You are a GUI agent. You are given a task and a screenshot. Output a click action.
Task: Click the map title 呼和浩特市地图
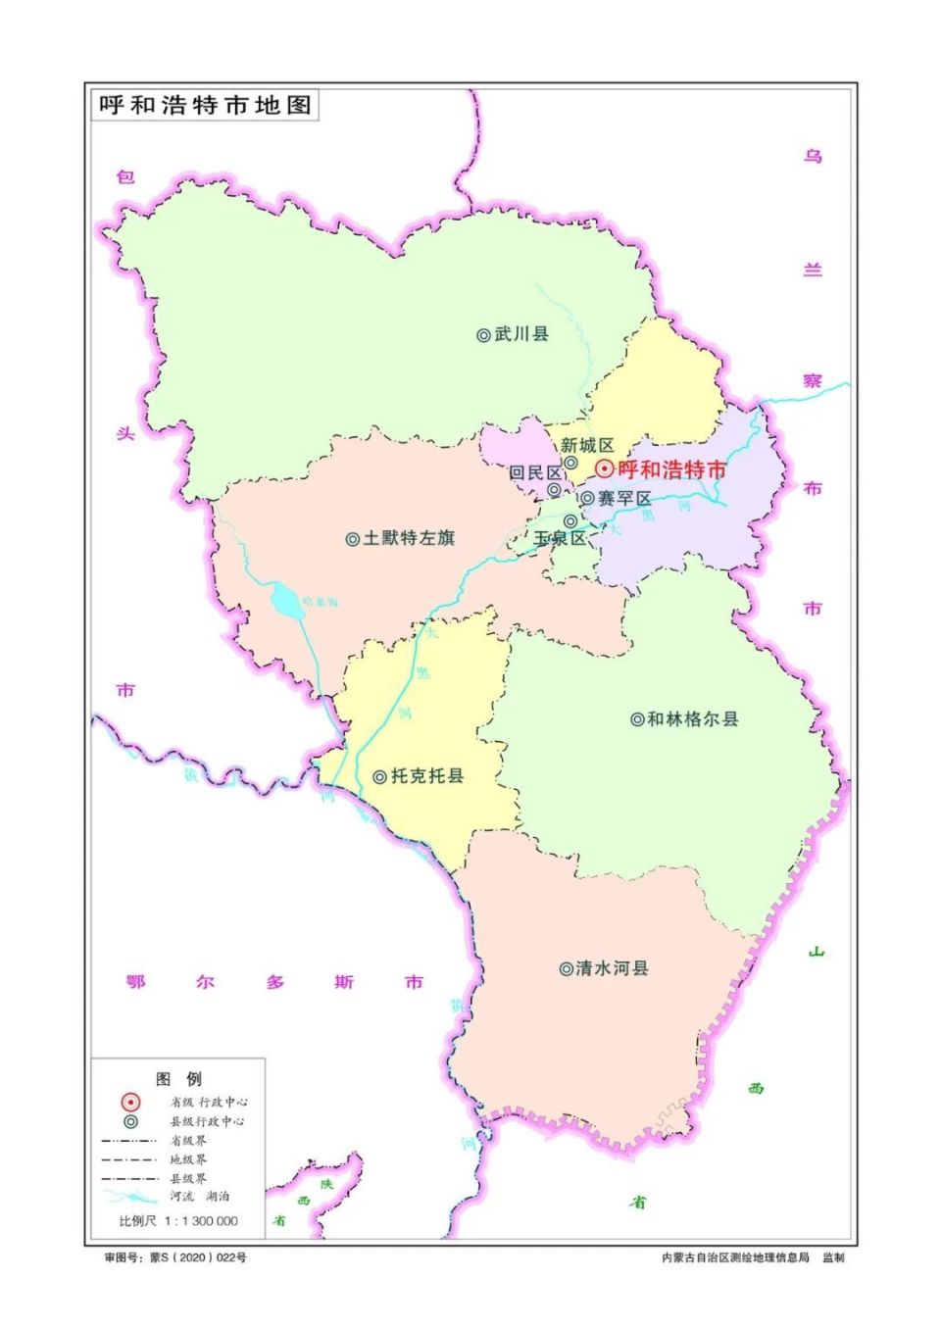coord(205,105)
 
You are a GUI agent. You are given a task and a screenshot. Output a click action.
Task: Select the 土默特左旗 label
coord(409,538)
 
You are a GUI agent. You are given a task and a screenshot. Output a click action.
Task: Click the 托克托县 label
coord(427,776)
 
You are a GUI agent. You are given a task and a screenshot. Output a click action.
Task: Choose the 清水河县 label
coord(612,968)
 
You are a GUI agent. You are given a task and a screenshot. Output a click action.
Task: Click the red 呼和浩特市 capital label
coord(672,469)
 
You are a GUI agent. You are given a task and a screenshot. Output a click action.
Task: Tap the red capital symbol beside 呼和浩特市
coord(605,469)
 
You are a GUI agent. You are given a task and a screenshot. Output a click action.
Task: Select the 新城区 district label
coord(587,446)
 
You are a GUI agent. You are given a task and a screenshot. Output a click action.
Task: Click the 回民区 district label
coord(534,472)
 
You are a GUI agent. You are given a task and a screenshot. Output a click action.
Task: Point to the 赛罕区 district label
coord(624,499)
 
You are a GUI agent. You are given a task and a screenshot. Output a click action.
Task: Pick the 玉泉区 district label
coord(559,538)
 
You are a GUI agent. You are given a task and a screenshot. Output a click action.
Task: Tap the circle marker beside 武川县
coord(483,335)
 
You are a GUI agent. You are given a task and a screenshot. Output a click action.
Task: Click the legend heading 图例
coord(178,1079)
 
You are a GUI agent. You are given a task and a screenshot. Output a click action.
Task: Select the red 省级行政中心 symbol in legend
coord(130,1103)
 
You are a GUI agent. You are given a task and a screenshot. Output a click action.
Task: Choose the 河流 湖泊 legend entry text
coord(200,1197)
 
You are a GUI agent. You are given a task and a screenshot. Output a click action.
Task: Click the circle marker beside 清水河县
coord(566,969)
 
